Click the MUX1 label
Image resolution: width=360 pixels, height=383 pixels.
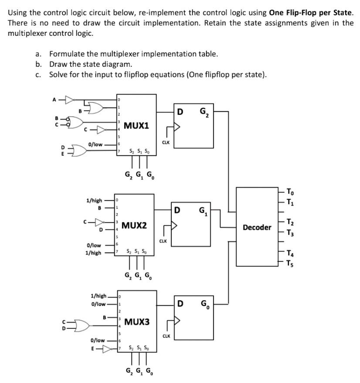[136, 126]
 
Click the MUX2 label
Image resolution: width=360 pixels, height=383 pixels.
[134, 226]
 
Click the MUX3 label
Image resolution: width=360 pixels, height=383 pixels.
[136, 322]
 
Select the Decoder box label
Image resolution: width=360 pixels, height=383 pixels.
[257, 227]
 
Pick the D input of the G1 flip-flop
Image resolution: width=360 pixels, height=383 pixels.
[177, 211]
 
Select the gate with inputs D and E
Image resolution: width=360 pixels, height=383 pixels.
[74, 150]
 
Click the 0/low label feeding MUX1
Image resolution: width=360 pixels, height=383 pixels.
[95, 144]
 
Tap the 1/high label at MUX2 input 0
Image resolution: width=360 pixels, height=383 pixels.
[94, 200]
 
